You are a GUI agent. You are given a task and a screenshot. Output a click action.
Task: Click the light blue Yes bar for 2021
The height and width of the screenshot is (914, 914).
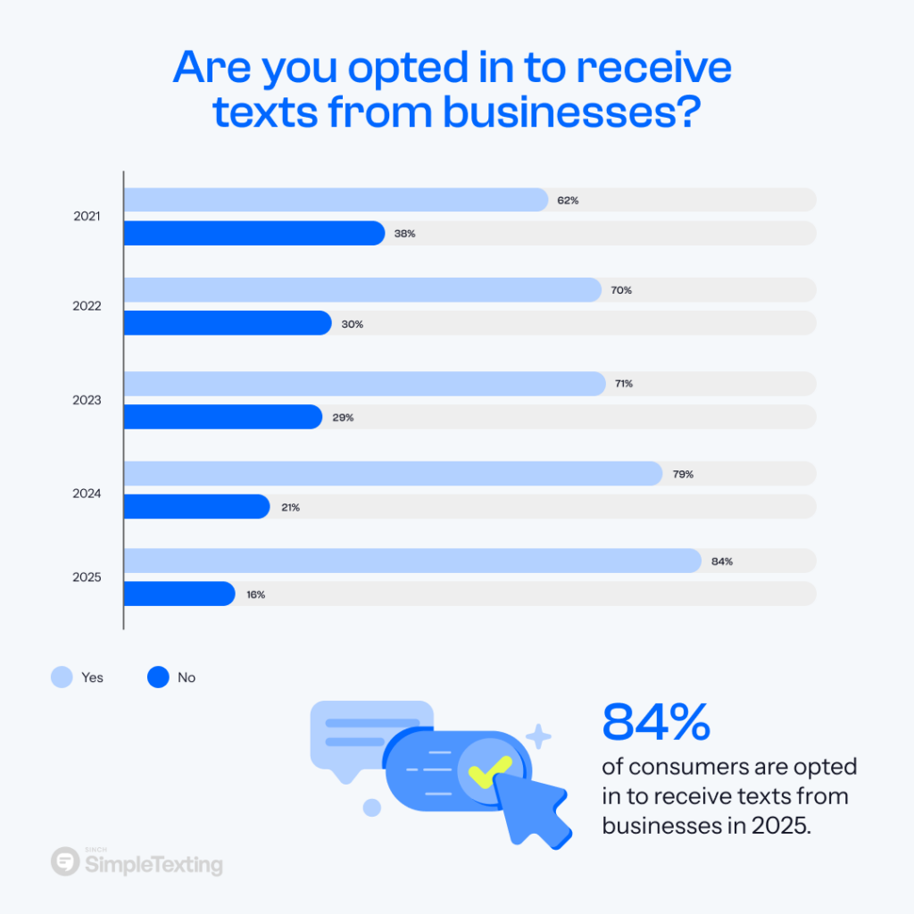click(335, 200)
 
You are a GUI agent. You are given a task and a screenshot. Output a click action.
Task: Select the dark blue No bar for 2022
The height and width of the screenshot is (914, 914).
click(227, 323)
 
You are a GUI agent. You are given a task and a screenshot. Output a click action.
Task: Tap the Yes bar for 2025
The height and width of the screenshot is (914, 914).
click(411, 561)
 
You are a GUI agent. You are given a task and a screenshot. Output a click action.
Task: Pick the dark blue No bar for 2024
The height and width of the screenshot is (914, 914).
click(196, 507)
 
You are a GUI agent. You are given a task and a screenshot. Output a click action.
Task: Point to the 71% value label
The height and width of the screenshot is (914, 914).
click(623, 384)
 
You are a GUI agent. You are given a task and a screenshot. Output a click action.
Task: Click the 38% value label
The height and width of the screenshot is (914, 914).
click(405, 234)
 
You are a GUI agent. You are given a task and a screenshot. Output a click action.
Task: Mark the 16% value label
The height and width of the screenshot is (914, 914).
click(255, 594)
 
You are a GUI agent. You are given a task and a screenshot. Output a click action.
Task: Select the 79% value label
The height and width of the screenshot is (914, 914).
click(683, 474)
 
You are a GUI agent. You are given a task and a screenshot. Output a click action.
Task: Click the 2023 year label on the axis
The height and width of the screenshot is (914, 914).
click(87, 401)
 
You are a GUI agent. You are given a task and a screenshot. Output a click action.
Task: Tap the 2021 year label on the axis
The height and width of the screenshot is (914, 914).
click(87, 216)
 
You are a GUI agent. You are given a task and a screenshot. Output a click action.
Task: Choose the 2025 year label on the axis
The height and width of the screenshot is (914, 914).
click(87, 577)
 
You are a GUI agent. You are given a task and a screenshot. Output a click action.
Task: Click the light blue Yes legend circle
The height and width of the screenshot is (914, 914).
click(62, 677)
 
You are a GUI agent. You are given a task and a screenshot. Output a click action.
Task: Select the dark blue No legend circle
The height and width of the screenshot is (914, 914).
click(158, 677)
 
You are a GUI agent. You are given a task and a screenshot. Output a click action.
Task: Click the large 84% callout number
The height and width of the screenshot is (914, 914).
click(656, 722)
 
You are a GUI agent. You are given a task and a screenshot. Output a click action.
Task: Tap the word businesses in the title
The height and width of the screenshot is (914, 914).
click(537, 113)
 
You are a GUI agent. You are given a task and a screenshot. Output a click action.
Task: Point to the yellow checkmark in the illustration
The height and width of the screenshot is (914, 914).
click(490, 769)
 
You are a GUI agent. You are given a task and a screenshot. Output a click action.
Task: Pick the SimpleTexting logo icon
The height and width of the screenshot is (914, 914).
click(65, 862)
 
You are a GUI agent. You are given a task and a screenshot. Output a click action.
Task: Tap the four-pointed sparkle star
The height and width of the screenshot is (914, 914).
click(538, 736)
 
